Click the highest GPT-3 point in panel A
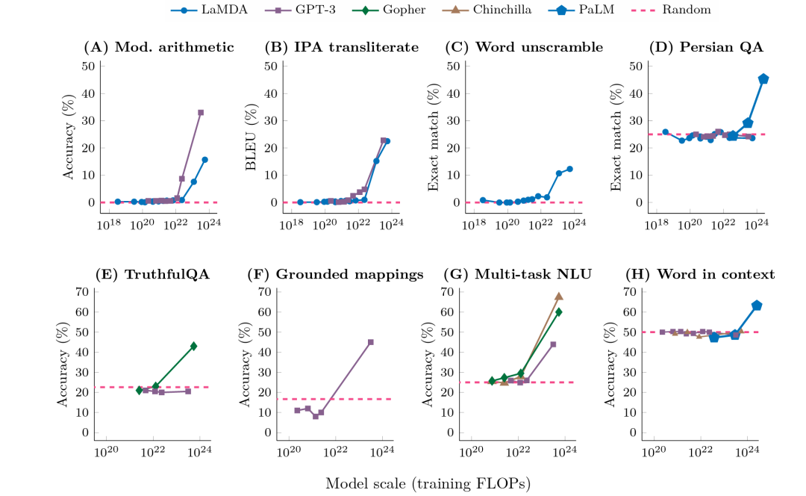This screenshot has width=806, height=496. pyautogui.click(x=201, y=112)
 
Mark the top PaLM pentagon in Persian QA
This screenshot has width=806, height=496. pyautogui.click(x=763, y=78)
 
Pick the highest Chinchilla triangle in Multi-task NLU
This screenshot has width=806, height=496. pyautogui.click(x=558, y=296)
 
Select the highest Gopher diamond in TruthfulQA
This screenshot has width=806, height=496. pyautogui.click(x=193, y=346)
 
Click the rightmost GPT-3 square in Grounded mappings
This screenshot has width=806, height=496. pyautogui.click(x=371, y=342)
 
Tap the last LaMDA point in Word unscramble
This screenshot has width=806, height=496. pyautogui.click(x=569, y=169)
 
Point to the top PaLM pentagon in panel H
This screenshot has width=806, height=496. pyautogui.click(x=756, y=305)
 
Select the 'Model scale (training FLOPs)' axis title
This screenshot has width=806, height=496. pyautogui.click(x=428, y=483)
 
